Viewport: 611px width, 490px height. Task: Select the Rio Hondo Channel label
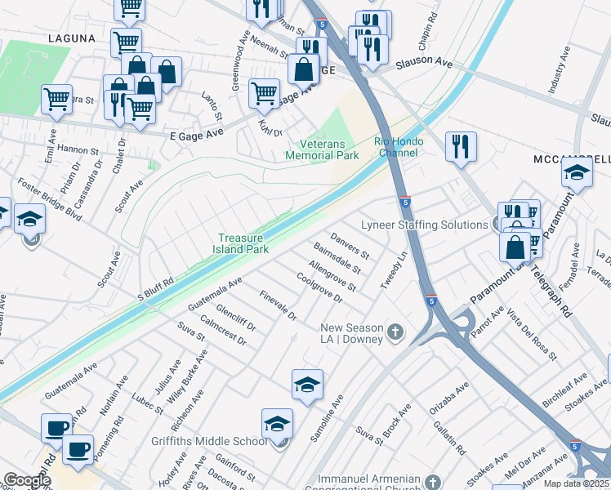(401, 146)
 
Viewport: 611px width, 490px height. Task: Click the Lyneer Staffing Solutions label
(425, 225)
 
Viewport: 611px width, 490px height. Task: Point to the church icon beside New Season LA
(395, 332)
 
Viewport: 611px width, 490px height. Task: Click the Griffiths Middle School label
(209, 442)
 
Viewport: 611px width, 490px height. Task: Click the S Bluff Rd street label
(155, 286)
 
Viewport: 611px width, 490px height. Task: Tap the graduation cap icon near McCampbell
(577, 172)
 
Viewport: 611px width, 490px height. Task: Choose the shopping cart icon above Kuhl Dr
(264, 93)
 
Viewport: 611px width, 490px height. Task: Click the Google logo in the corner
(27, 480)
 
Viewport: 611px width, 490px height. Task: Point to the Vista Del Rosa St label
(531, 336)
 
